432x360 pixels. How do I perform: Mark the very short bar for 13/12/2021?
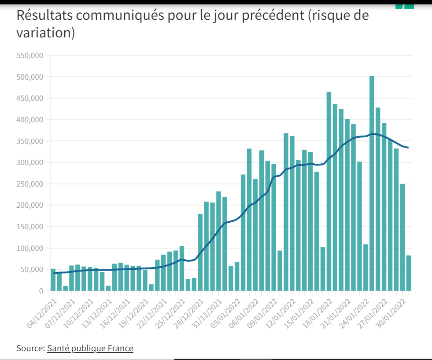click(108, 288)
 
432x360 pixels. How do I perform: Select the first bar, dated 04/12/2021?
click(53, 280)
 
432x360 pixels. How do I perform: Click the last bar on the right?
click(409, 273)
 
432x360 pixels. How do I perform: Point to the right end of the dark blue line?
click(408, 147)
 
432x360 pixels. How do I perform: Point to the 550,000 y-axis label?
click(30, 56)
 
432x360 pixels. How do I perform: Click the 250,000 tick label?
click(30, 184)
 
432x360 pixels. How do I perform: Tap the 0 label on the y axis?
click(41, 291)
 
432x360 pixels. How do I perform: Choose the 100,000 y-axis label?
click(30, 249)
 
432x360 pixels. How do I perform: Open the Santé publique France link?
click(90, 349)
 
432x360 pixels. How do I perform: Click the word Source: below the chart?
click(30, 349)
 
